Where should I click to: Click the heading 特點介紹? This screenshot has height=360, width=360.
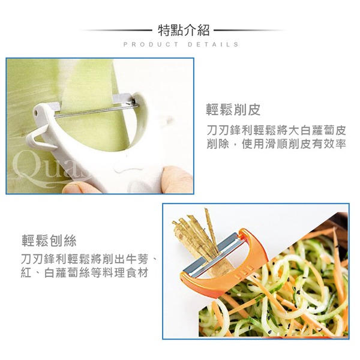tap(184, 31)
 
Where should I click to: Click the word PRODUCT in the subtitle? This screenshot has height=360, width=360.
tap(151, 44)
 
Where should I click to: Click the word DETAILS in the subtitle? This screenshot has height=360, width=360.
tap(213, 44)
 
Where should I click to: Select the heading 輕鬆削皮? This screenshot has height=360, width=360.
tap(233, 110)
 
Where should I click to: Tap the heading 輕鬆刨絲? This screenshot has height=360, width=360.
tap(49, 241)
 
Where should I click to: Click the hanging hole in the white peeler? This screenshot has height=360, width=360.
tap(35, 113)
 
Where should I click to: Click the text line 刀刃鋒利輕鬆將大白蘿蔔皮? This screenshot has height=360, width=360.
tap(276, 131)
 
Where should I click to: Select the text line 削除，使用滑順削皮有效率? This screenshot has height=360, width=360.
tap(276, 145)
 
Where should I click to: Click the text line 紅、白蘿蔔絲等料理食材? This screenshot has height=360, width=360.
tap(84, 273)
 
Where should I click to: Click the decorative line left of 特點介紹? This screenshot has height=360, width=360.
tap(116, 30)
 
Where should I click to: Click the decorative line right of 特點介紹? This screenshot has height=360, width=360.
tap(250, 30)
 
